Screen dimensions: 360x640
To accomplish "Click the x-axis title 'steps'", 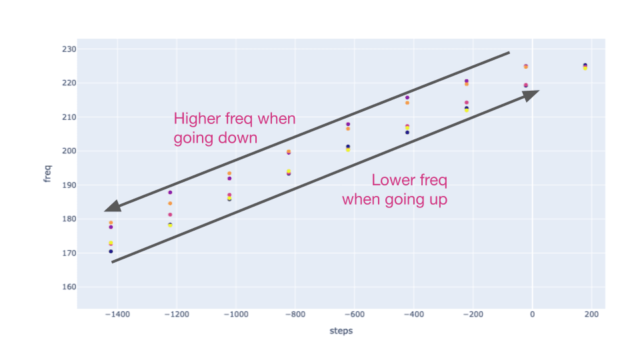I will click(x=341, y=331).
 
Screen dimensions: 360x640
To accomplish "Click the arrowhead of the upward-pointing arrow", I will click(x=531, y=95).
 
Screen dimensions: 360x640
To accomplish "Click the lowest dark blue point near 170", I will click(x=111, y=251).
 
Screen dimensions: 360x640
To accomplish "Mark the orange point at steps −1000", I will click(x=229, y=173).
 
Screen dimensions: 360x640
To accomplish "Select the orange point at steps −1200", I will click(x=170, y=203).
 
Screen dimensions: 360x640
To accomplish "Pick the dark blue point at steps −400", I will click(x=407, y=132).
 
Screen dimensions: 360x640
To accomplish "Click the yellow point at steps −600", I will click(x=348, y=150).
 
